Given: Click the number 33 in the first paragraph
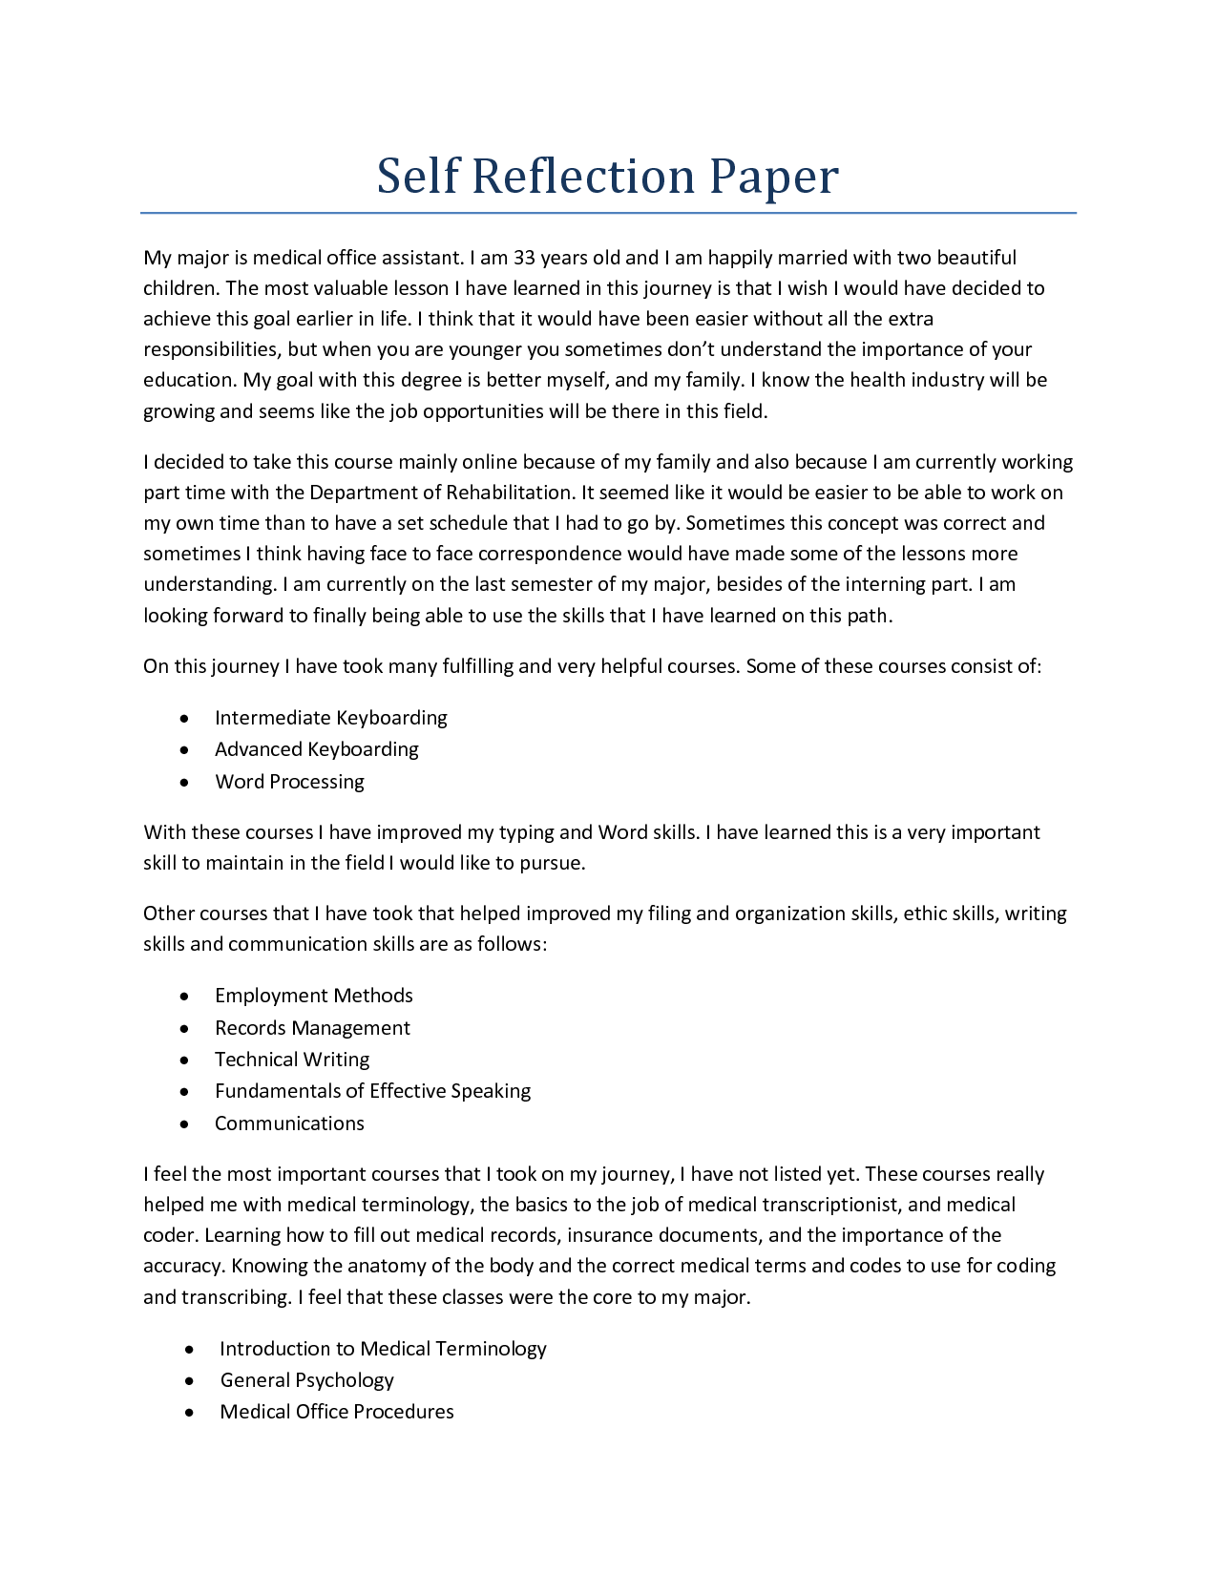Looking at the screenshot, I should [525, 258].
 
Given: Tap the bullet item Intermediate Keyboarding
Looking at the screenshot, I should [330, 718].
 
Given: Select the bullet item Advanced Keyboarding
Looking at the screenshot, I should [316, 749].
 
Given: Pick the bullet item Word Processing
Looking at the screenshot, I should [289, 782].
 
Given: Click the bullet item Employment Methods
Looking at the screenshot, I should [313, 996].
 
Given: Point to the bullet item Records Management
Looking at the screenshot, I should [312, 1028].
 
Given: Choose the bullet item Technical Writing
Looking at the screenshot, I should [292, 1060].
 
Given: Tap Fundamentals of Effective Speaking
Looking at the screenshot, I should [372, 1091].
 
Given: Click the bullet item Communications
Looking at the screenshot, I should [289, 1123].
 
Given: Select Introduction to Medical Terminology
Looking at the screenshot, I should [383, 1349].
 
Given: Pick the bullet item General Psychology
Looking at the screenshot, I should [306, 1380].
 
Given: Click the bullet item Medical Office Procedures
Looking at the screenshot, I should [337, 1412].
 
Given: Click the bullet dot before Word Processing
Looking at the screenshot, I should [184, 783].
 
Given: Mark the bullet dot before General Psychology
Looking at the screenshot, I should [191, 1381].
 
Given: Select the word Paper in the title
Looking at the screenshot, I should [774, 177].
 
